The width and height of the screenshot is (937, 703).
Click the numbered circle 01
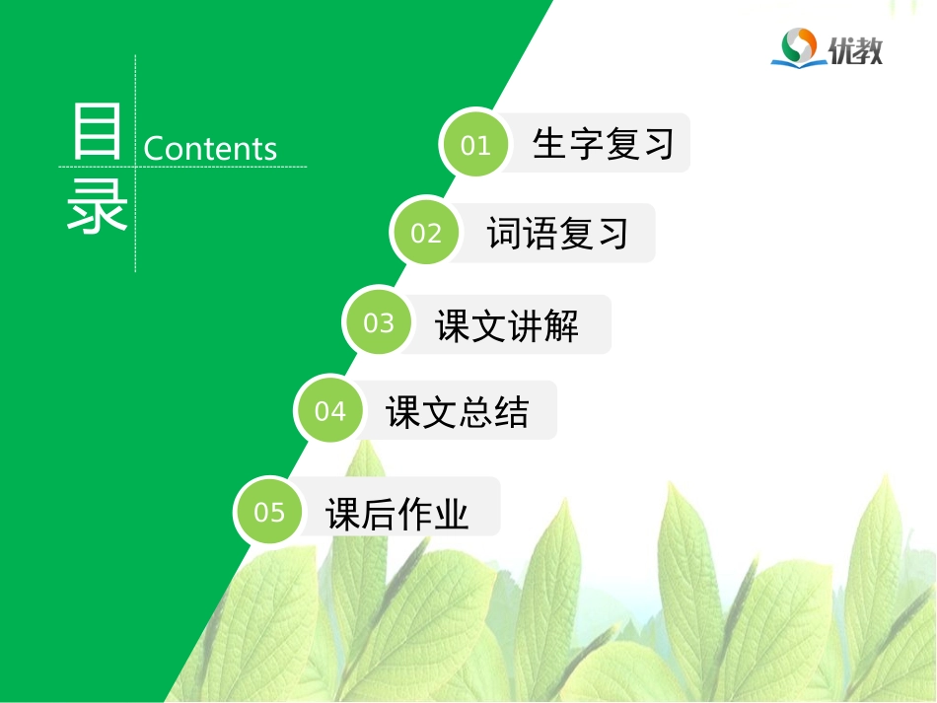point(475,145)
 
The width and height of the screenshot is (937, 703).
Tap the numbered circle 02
point(426,233)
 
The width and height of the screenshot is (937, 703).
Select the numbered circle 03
point(379,323)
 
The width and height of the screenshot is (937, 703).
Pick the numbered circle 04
point(330,410)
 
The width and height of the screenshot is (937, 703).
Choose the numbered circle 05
point(269,512)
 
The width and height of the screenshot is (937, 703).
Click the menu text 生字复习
point(603,144)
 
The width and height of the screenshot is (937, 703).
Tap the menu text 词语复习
point(557,234)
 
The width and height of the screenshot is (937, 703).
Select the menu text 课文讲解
point(507,325)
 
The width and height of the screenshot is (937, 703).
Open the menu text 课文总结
point(458,411)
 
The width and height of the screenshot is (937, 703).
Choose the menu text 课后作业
point(397,513)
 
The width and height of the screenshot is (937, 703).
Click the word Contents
point(210,149)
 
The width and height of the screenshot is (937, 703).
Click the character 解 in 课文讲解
point(561,325)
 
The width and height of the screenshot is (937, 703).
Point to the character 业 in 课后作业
point(451,514)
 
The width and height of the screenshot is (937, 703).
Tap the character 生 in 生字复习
point(549,144)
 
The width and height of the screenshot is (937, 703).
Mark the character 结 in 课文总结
point(512,411)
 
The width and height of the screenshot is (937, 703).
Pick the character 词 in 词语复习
point(504,234)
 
